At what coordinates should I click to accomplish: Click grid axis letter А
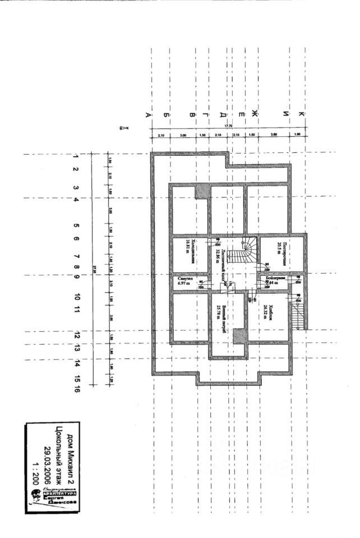(148, 115)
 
